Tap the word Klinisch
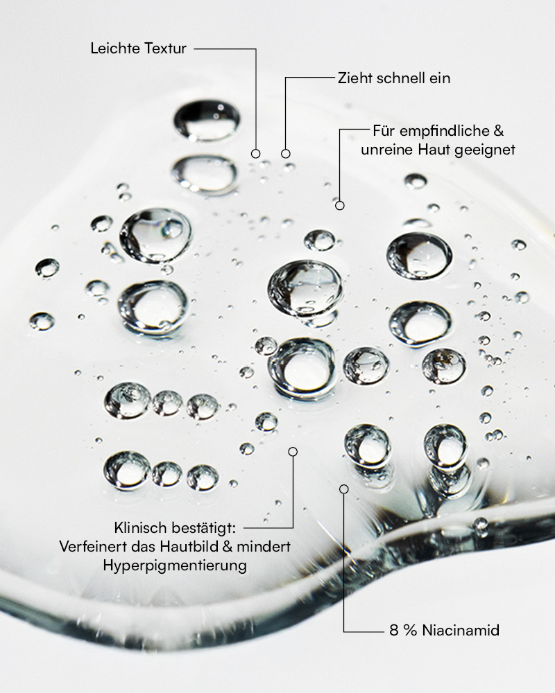[x=140, y=527]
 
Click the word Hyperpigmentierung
[x=175, y=565]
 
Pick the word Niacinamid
[x=461, y=630]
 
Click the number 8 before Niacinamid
[x=394, y=630]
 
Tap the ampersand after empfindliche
[x=498, y=131]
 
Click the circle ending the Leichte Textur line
[x=255, y=153]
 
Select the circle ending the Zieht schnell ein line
[x=285, y=153]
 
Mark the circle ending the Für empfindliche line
[x=340, y=205]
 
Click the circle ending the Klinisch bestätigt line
[x=293, y=452]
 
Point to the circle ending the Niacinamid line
[x=344, y=489]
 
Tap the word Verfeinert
[x=92, y=546]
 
